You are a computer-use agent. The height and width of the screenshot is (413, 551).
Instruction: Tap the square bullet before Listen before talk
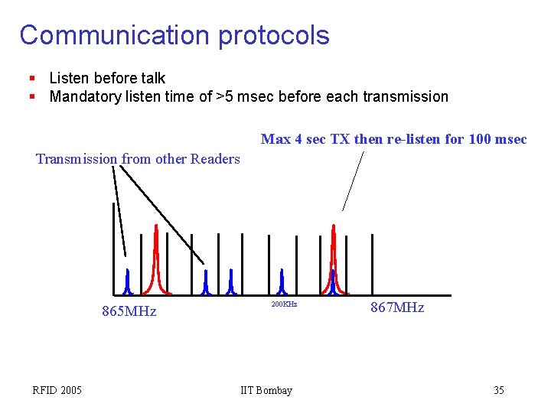[32, 78]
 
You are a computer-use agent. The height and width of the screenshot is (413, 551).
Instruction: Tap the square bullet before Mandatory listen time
[32, 96]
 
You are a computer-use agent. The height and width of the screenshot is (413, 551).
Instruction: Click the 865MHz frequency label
[129, 311]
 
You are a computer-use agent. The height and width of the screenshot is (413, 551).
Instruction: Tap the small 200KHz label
[284, 304]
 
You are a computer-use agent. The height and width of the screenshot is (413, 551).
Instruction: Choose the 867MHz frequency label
[397, 307]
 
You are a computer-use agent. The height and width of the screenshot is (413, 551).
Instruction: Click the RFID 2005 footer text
[57, 391]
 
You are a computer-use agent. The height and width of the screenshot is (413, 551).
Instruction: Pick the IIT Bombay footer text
[266, 391]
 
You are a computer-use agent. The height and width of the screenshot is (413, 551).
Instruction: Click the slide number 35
[499, 391]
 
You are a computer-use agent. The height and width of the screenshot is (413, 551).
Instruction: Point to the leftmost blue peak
[128, 281]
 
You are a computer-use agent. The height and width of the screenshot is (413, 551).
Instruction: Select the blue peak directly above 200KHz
[282, 281]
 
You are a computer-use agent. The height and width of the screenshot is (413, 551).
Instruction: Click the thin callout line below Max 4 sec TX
[352, 180]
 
